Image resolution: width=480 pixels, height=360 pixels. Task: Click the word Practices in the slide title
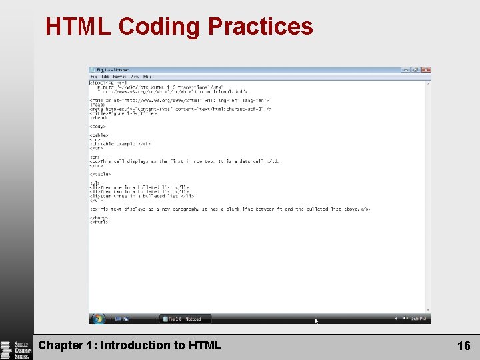tap(260, 27)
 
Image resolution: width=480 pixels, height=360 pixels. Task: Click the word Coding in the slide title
tap(159, 27)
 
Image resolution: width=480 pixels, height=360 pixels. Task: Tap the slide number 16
tap(463, 345)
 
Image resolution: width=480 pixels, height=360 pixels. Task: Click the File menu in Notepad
tap(94, 77)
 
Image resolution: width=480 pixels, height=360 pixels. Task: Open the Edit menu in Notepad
tap(104, 77)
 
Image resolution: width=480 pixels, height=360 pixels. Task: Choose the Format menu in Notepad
tap(119, 77)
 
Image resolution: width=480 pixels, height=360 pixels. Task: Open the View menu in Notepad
tap(135, 77)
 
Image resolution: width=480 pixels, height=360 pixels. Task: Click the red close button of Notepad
tap(426, 69)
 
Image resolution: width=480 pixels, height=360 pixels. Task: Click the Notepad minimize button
tap(405, 69)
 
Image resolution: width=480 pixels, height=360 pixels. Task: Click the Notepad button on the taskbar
tap(185, 319)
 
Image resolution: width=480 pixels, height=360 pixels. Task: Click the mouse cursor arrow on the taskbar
tap(317, 321)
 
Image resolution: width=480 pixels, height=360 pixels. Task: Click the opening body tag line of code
tap(98, 126)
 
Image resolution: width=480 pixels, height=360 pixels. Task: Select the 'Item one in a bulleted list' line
tap(139, 187)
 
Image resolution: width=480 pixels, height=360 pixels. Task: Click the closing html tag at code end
tap(99, 222)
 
